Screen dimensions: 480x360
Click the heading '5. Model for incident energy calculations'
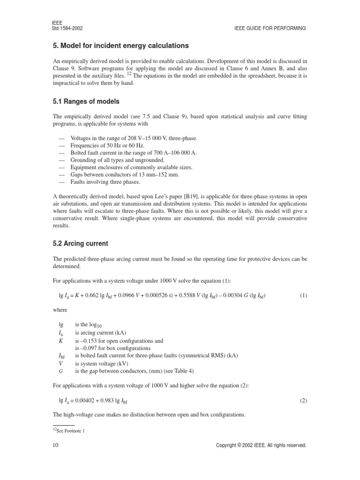(x=121, y=45)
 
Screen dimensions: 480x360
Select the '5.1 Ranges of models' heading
(x=86, y=102)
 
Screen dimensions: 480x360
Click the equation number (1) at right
(x=303, y=295)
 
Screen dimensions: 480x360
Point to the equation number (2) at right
(x=303, y=401)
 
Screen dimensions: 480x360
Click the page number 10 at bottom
(x=55, y=445)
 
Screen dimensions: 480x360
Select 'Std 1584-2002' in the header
(x=67, y=28)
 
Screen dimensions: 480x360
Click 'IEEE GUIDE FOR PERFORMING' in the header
(x=270, y=28)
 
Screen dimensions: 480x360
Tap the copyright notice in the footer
(x=261, y=445)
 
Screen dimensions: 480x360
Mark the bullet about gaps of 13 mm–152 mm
(x=124, y=175)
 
